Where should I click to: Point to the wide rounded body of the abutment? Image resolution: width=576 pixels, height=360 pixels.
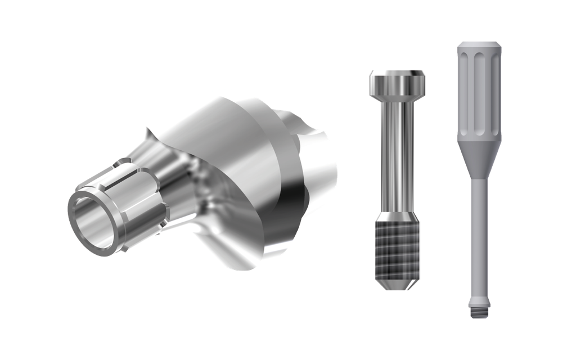[x=236, y=163]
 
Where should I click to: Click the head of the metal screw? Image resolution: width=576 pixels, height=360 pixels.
[x=397, y=83]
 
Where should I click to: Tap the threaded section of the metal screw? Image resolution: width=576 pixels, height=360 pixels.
[x=397, y=247]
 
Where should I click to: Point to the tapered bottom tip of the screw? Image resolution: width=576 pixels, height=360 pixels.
[x=397, y=284]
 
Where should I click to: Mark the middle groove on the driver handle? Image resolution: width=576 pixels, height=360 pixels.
[x=479, y=93]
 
